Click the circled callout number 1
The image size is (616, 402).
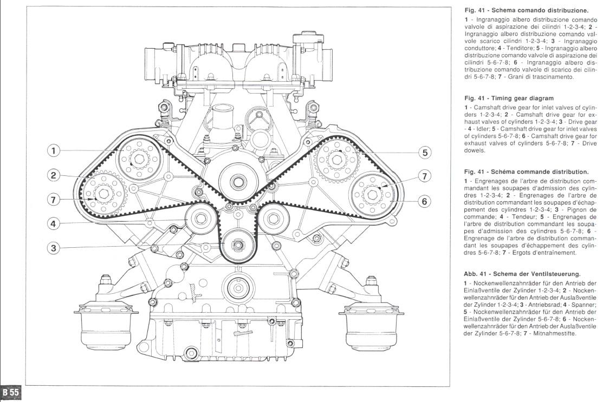[53, 151]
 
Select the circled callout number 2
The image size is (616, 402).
[53, 175]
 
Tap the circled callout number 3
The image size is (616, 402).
[53, 248]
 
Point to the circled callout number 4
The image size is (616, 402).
[53, 223]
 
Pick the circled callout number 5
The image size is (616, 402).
[425, 153]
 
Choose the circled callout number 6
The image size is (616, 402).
[425, 201]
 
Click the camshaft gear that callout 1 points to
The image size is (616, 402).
[138, 158]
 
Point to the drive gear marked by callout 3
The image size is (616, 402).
[237, 245]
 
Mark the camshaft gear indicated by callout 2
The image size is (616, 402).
[103, 192]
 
